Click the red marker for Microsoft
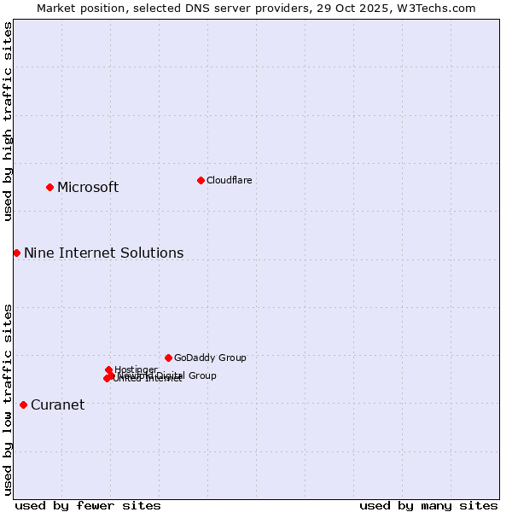click(x=49, y=187)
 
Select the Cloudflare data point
click(x=201, y=180)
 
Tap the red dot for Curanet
click(x=23, y=404)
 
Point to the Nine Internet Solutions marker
click(x=16, y=253)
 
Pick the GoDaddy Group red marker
click(x=168, y=358)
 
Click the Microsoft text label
click(x=88, y=188)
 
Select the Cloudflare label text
click(x=229, y=180)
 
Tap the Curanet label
click(x=57, y=405)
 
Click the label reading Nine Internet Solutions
click(x=103, y=253)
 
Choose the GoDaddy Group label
click(x=210, y=358)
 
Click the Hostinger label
click(x=136, y=369)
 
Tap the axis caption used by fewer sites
click(x=88, y=505)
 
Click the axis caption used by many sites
click(x=428, y=505)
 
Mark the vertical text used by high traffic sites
click(x=8, y=122)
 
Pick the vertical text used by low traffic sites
click(x=8, y=399)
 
